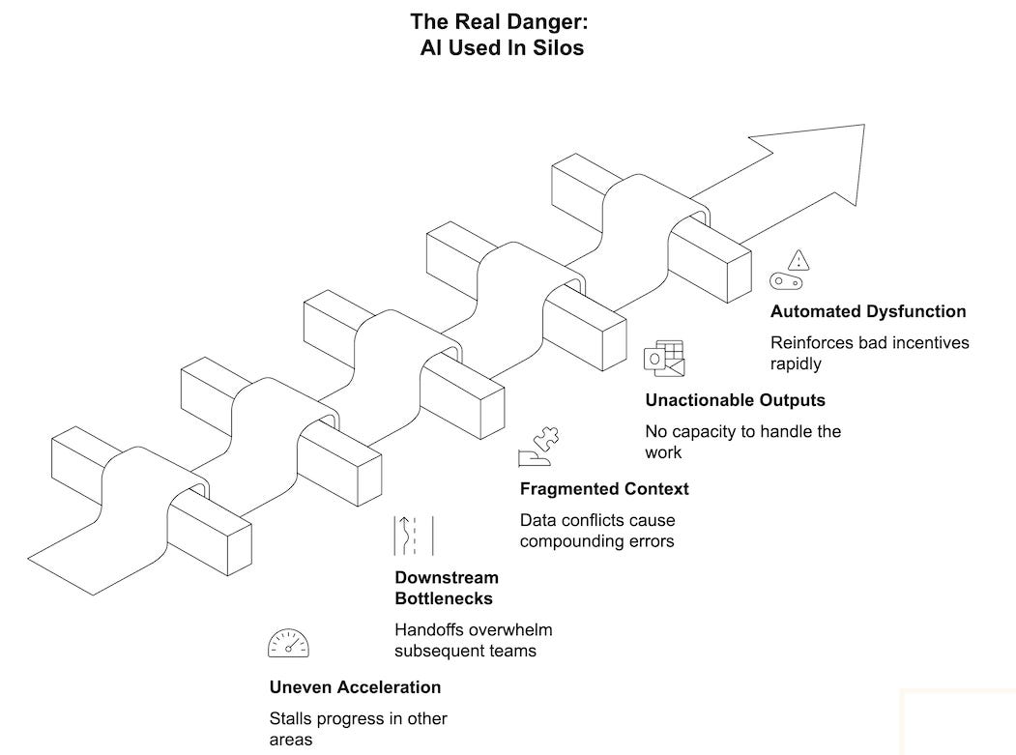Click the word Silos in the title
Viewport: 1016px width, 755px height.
click(x=557, y=46)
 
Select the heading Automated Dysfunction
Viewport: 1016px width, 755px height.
click(x=867, y=311)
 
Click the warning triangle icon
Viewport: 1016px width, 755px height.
click(x=798, y=259)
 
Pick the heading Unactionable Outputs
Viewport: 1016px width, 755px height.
click(x=735, y=399)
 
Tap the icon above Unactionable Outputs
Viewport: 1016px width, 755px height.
click(x=664, y=358)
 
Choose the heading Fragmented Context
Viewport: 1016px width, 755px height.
click(x=604, y=488)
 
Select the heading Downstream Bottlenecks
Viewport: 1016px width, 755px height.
click(x=447, y=588)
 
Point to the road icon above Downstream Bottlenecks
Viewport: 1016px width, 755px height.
click(x=413, y=536)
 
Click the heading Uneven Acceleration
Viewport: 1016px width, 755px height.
click(x=355, y=687)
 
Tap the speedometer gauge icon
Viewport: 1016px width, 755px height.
click(x=288, y=643)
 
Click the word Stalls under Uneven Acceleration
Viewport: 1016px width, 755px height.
click(x=291, y=719)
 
